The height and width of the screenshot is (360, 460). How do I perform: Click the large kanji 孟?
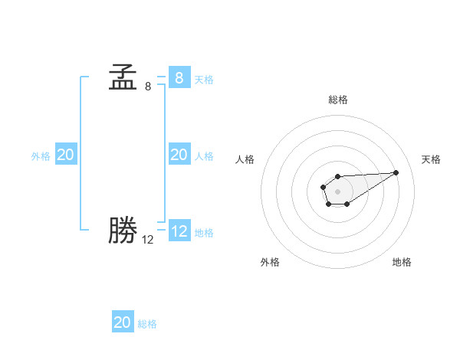coord(123,78)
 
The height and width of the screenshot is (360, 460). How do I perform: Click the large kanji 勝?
coord(123,231)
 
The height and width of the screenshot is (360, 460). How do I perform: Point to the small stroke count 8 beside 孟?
coord(148,87)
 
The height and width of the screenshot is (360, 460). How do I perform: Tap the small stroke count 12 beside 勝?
coord(148,240)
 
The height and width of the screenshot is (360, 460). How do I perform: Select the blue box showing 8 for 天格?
coord(179,77)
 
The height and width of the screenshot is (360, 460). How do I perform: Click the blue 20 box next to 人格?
coord(179,155)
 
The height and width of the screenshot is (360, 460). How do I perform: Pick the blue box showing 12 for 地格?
coord(179,231)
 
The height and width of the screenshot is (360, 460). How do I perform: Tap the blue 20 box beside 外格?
coord(66,155)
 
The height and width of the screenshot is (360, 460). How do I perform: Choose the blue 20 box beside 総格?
coord(123,322)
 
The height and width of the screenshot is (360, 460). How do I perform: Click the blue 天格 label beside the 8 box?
coord(204,80)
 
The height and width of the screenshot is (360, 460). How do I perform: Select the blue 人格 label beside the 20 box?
coord(204,156)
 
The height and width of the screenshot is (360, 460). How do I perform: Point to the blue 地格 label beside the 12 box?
coord(204,233)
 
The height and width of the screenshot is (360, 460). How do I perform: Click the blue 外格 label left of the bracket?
coord(41,156)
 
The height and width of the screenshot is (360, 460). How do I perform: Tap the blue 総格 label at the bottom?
coord(147,325)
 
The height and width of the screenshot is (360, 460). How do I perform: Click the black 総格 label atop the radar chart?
coord(338,100)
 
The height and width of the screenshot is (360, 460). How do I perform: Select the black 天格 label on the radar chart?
coord(431,159)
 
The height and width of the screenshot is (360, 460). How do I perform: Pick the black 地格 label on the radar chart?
coord(402,262)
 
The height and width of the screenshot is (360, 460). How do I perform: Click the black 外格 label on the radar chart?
coord(270,262)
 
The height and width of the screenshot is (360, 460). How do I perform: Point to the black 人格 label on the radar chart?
coord(245,159)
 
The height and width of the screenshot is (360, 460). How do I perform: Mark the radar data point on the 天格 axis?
coord(396,172)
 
